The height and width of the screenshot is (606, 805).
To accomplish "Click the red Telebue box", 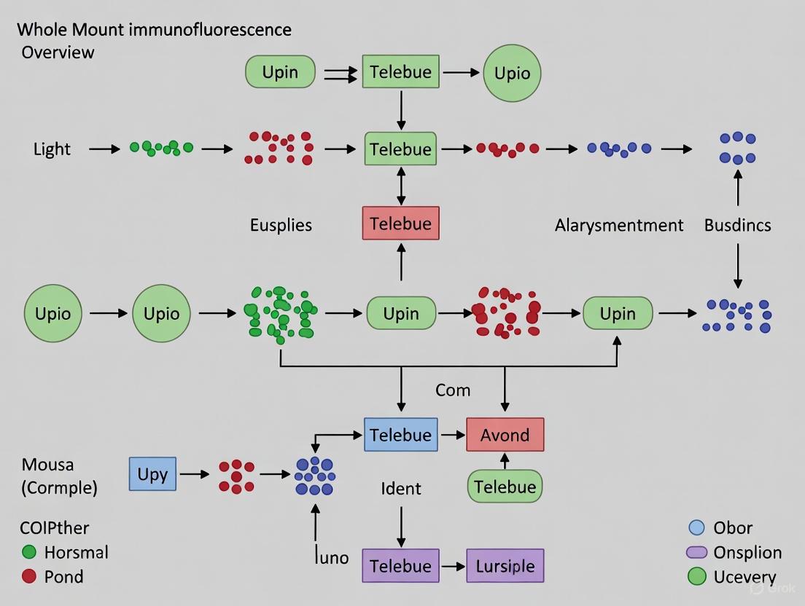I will tap(400, 223).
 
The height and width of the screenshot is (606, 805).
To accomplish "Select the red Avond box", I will tap(505, 435).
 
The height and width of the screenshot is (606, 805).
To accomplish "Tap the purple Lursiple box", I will tap(505, 566).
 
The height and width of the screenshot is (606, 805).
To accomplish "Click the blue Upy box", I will tap(152, 473).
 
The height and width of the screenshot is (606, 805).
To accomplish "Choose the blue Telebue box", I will tap(400, 435).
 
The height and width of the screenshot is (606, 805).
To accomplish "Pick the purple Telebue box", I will tap(400, 566).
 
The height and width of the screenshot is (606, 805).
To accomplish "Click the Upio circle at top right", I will tap(512, 73).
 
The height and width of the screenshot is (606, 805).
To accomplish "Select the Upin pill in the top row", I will tap(280, 72).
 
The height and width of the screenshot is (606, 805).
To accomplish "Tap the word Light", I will tap(52, 149).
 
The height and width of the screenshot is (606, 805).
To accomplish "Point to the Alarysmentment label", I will tap(618, 225).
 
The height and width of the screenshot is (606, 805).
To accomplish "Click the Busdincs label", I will tap(737, 225).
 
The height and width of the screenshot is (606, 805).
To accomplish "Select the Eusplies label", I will tap(281, 225).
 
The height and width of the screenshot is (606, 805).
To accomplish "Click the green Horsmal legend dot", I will tap(29, 552).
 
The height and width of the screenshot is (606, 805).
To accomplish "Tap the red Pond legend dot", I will tap(29, 576).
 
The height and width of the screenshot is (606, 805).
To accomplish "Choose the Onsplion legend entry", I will tap(736, 552).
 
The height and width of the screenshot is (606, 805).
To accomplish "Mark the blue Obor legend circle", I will tap(696, 528).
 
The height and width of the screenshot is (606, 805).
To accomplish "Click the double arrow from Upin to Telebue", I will tap(339, 73).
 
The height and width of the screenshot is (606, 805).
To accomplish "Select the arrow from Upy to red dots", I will tap(195, 474).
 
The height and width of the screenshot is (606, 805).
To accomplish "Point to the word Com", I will tap(453, 390).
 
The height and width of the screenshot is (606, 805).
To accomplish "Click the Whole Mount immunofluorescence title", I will tap(154, 30).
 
